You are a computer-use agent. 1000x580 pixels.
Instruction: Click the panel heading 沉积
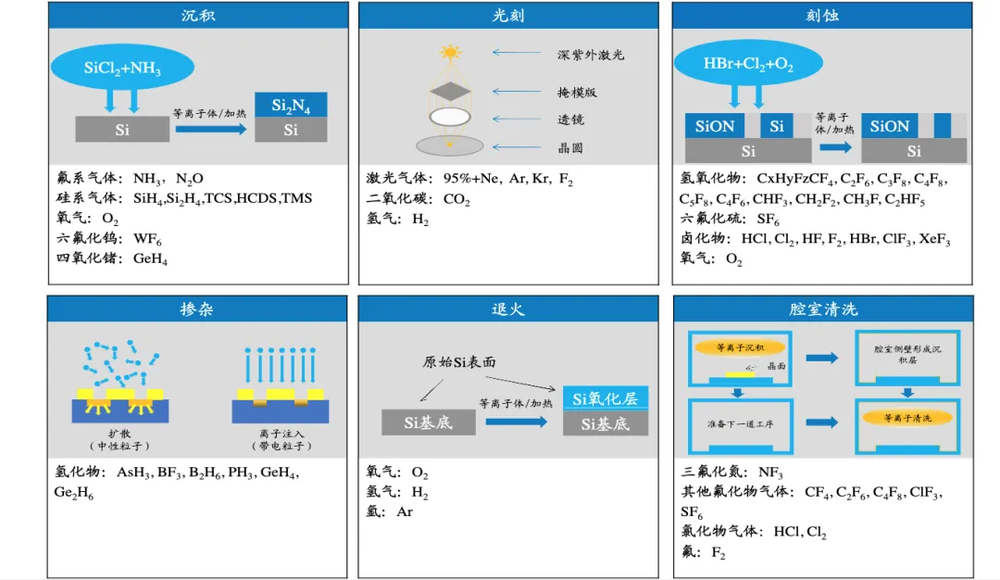tap(197, 16)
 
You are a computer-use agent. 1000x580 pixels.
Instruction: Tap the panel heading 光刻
tap(508, 16)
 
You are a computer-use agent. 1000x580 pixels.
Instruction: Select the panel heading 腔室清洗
tap(823, 309)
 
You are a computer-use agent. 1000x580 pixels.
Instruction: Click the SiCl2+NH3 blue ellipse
tap(123, 67)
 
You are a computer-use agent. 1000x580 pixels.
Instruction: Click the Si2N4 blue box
tap(291, 106)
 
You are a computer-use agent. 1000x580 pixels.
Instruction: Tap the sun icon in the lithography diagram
tap(450, 52)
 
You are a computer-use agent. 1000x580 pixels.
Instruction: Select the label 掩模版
tap(577, 93)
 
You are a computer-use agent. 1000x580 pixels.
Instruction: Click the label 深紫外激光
tap(591, 55)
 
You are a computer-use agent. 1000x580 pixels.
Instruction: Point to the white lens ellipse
tap(450, 118)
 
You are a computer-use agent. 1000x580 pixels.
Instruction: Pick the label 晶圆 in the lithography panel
tap(570, 147)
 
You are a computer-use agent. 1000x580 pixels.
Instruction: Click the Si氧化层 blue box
tap(606, 399)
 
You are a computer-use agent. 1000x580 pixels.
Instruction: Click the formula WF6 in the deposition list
tap(148, 239)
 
